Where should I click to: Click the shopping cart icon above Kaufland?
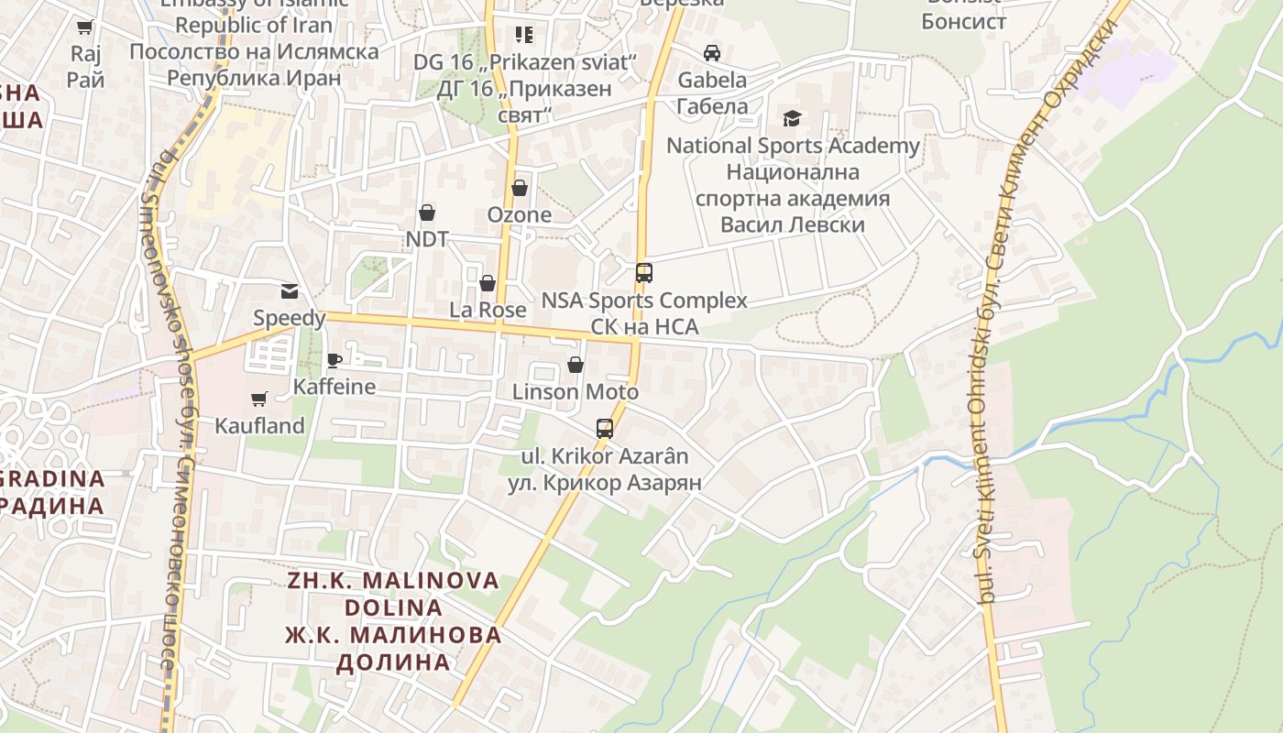coord(258,399)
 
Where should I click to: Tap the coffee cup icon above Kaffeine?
coord(334,360)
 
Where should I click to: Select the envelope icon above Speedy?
coord(290,291)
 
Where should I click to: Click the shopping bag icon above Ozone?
coord(520,188)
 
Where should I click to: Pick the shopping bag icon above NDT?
coord(427,213)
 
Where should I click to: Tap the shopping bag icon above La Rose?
coord(488,283)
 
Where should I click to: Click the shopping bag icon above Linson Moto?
coord(576,366)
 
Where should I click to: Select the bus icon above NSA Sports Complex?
coord(644,272)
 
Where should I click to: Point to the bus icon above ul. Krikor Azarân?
coord(605,428)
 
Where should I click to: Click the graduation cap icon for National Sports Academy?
coord(792,118)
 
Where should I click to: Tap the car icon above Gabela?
coord(712,53)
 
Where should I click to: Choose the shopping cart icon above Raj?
coord(85,27)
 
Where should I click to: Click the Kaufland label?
coord(259,426)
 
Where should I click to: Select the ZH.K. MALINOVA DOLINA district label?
coord(393,594)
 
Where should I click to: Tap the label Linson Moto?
coord(576,392)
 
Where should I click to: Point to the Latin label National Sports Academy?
coord(793,146)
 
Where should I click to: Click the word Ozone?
coord(520,215)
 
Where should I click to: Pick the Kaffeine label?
coord(334,387)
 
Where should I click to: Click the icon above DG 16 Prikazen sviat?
coord(524,35)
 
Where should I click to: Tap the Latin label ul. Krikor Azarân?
coord(605,455)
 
